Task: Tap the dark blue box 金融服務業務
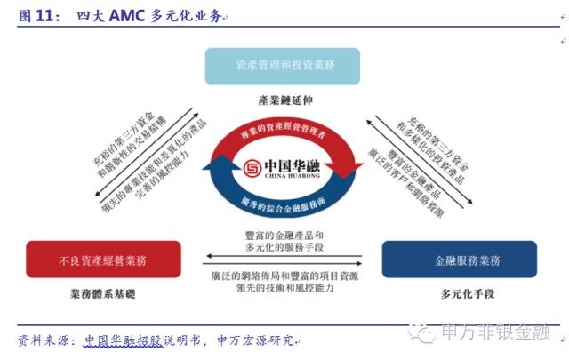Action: pyautogui.click(x=461, y=260)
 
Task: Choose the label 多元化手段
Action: pyautogui.click(x=461, y=292)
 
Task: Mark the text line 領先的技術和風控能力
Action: pyautogui.click(x=285, y=287)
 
